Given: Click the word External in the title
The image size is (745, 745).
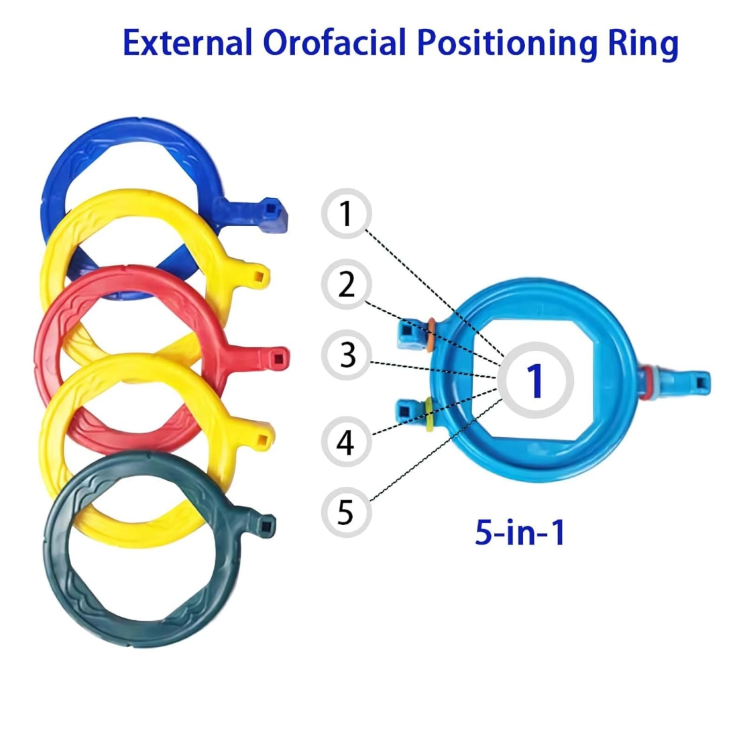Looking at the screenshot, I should (x=187, y=44).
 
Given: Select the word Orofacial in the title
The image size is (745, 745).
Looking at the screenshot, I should (x=335, y=44).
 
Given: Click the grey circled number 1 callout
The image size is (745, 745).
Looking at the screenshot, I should (x=346, y=214).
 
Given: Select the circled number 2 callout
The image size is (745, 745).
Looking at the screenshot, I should (x=346, y=284).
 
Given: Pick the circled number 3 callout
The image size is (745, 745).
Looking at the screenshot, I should (x=347, y=355).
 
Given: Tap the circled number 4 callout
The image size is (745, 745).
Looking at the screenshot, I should (x=346, y=442).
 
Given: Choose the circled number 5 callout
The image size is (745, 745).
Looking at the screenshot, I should (x=346, y=512).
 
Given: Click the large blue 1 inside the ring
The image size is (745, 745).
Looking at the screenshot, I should (x=535, y=380).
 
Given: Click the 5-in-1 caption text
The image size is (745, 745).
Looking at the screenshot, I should (x=520, y=532).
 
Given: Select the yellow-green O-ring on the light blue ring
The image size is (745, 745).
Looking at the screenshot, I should (x=427, y=414).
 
